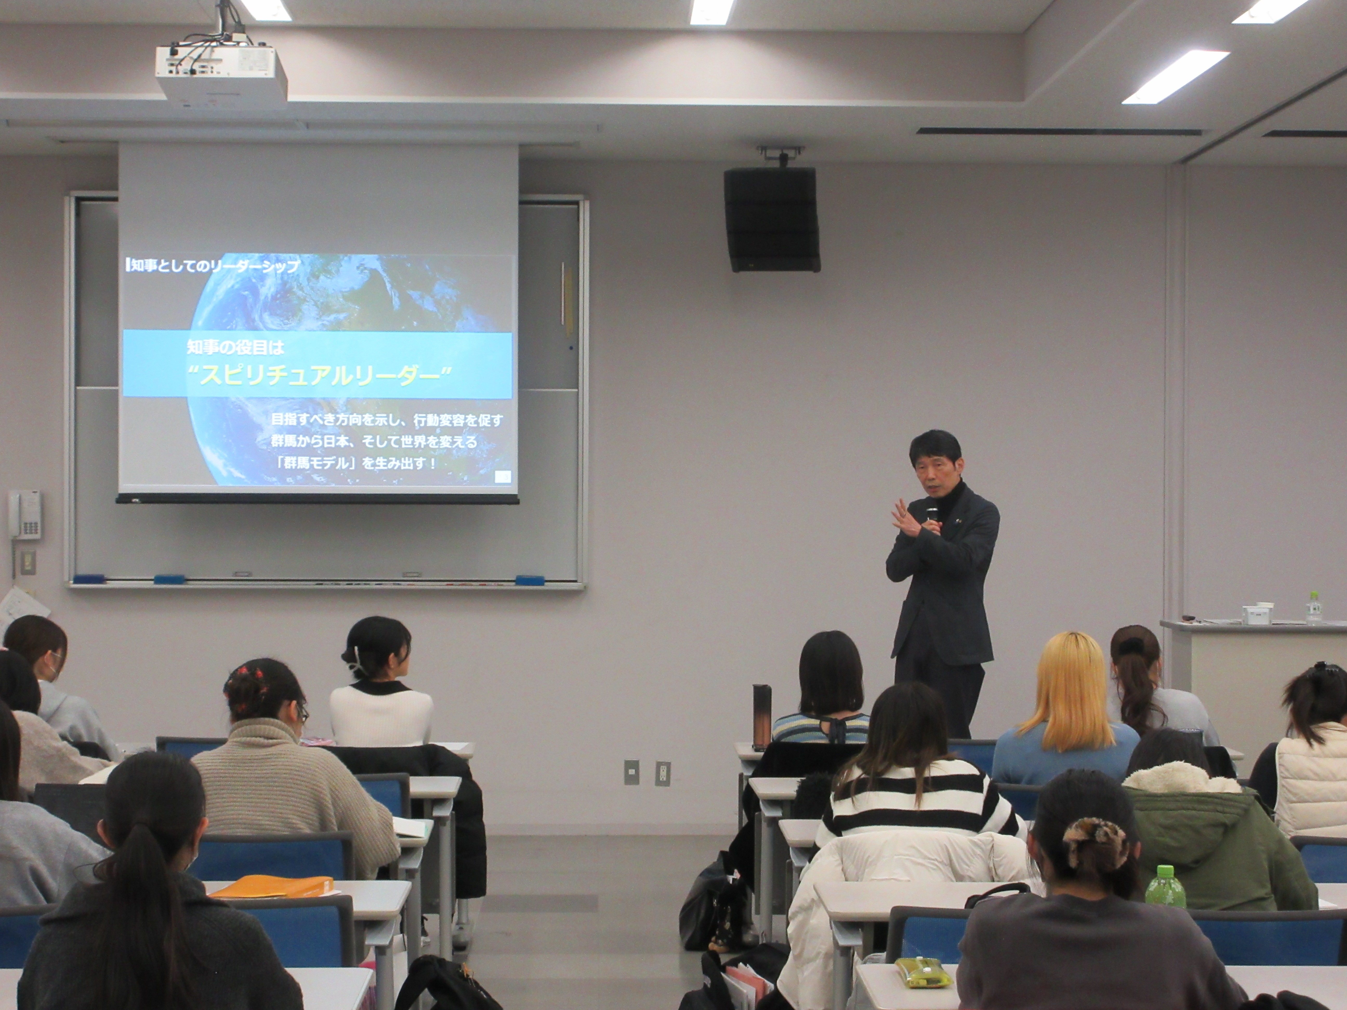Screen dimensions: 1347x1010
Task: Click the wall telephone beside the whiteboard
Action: tap(25, 516)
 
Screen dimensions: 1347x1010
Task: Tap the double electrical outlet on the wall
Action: tap(663, 773)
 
